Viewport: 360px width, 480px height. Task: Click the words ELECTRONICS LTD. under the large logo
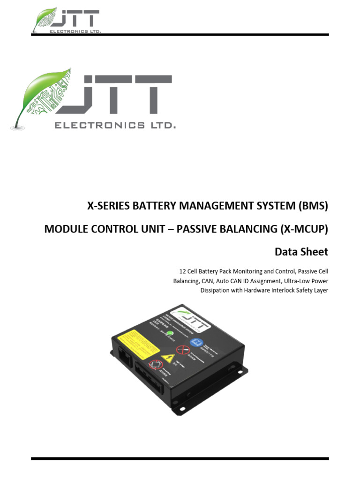click(x=115, y=125)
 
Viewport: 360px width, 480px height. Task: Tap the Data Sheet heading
click(x=301, y=252)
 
